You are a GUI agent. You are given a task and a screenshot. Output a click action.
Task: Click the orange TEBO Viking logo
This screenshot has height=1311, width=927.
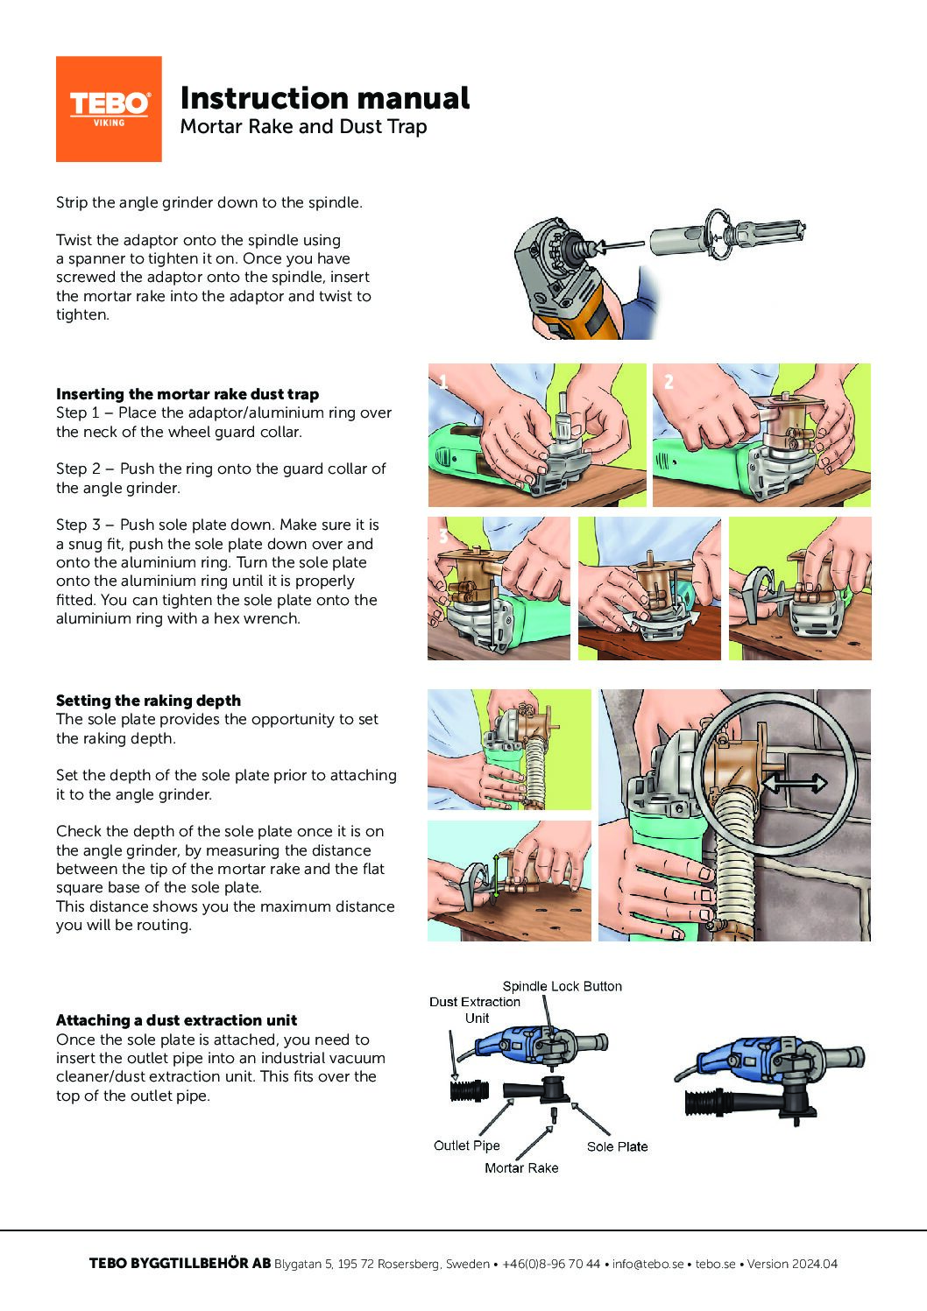(x=109, y=109)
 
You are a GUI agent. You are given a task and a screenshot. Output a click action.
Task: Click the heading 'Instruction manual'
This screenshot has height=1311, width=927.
(x=325, y=98)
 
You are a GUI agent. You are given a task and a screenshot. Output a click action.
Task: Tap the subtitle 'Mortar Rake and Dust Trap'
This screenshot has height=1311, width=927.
(x=303, y=127)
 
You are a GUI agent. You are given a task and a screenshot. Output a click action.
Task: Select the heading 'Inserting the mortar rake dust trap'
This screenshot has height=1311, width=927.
(x=188, y=394)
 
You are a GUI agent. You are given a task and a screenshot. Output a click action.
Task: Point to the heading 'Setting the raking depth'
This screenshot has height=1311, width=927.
(x=148, y=701)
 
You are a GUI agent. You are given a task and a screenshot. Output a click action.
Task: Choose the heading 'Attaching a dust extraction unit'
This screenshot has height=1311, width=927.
(x=176, y=1020)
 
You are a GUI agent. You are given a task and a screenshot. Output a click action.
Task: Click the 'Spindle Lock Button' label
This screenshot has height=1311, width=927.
(x=563, y=986)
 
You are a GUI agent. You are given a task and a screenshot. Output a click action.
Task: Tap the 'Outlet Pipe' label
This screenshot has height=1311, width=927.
(x=467, y=1145)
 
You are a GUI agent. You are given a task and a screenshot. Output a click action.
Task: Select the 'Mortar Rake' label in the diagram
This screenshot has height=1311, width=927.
(x=521, y=1167)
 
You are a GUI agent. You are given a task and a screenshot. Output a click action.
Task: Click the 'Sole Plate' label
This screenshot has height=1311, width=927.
(x=617, y=1146)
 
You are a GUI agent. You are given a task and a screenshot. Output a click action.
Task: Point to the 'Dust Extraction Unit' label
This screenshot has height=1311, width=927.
(x=475, y=1010)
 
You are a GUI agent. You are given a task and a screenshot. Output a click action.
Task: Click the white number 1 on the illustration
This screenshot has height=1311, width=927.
(x=443, y=382)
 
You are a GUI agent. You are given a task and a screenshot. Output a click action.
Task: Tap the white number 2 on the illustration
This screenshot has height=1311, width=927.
(x=669, y=382)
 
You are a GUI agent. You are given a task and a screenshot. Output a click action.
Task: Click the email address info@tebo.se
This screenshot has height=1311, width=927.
(x=647, y=1264)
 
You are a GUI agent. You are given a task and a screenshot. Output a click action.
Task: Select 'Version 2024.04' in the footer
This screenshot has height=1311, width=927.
(x=792, y=1264)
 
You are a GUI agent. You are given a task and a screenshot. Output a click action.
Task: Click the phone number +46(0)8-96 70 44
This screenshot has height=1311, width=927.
(x=551, y=1264)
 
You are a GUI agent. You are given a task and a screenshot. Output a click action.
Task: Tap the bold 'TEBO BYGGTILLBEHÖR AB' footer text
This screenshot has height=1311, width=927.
(x=180, y=1264)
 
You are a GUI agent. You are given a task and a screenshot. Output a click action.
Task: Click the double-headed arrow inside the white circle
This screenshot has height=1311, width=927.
(x=794, y=783)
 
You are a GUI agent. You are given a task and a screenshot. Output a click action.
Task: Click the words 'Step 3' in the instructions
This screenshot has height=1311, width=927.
(x=78, y=525)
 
